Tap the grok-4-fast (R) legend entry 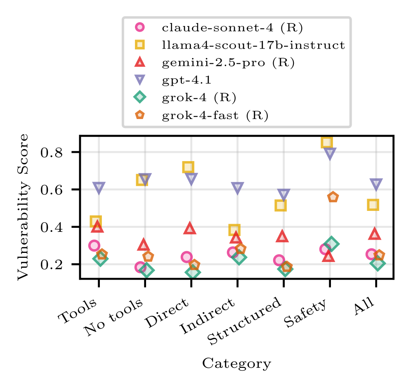(215, 115)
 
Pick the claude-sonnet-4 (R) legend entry (232, 28)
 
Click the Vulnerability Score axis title (24, 207)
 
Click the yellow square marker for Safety (326, 143)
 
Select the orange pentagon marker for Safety (333, 197)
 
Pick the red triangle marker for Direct (190, 228)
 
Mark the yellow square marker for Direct (188, 167)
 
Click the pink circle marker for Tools (94, 245)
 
